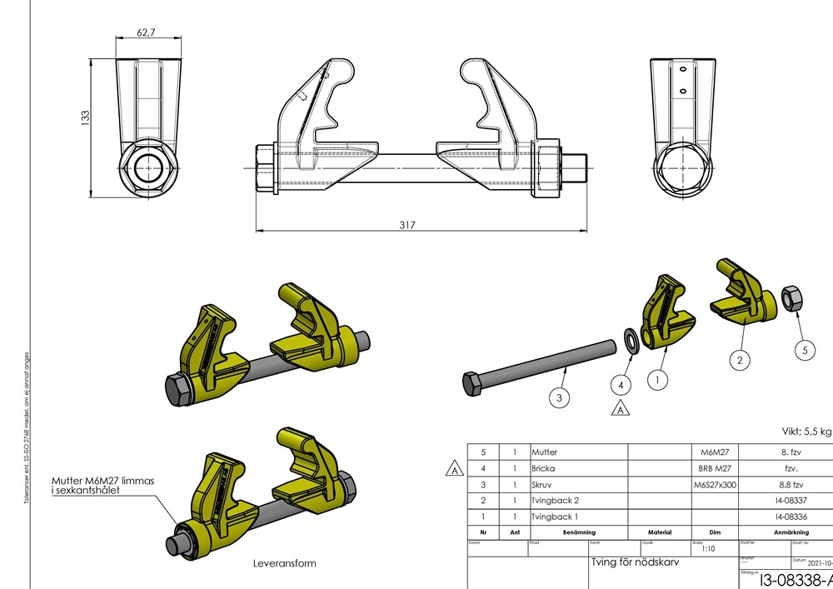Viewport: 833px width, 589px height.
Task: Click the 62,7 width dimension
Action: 146,32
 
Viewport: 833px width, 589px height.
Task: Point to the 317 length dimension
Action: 407,225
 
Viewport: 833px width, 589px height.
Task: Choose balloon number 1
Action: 659,379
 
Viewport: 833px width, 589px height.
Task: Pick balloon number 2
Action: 740,360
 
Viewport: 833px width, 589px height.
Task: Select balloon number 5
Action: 804,351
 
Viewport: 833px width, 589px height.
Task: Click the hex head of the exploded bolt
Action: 472,383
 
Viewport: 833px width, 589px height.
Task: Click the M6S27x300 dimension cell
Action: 715,484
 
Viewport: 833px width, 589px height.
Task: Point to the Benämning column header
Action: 578,532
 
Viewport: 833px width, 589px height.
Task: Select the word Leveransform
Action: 284,563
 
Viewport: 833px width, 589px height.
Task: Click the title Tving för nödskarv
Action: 635,562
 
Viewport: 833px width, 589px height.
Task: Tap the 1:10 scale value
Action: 709,549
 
